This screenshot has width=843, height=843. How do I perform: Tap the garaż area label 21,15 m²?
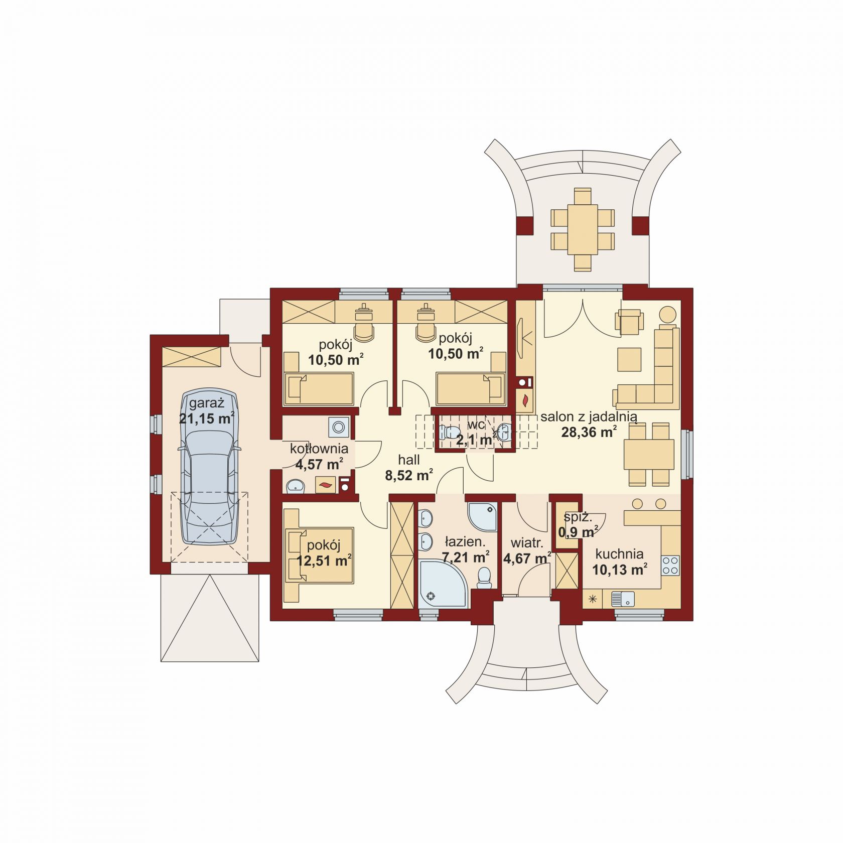pos(207,418)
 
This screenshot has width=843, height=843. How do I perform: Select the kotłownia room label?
pos(319,448)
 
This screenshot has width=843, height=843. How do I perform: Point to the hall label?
pos(409,460)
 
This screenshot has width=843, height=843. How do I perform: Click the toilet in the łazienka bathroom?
pos(484,578)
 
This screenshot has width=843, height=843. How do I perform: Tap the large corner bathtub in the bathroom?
pos(442,584)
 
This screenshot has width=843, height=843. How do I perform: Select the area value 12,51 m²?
pos(324,560)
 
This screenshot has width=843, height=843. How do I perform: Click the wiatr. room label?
pos(527,542)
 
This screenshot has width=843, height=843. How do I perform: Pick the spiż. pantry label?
pos(578,516)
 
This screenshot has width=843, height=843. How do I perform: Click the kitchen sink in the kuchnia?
pos(623,599)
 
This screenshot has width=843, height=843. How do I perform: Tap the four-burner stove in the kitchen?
pos(670,566)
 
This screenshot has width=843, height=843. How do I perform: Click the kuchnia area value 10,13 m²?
pos(620,570)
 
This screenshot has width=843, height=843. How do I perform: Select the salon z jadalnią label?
pos(589,416)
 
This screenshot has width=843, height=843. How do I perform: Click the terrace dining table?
pos(583,229)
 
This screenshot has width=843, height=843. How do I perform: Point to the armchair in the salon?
pos(630,321)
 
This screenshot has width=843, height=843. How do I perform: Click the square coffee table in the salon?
pos(629,359)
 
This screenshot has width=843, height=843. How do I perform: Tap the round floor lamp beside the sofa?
pos(667,314)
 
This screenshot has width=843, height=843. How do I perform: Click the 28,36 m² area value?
pos(589,432)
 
